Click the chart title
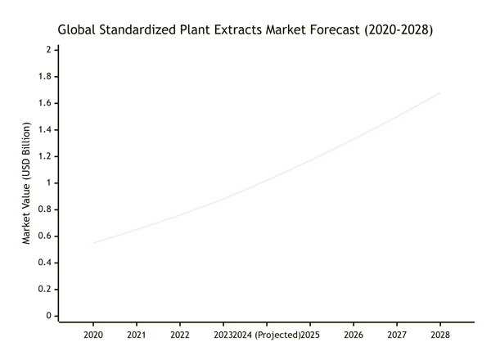[245, 29]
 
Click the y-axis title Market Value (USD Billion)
[26, 183]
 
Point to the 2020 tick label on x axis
[93, 335]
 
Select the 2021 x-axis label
[137, 335]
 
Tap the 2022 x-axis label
[180, 335]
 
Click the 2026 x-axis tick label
[354, 335]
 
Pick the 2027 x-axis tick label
[397, 335]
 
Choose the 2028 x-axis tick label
[440, 335]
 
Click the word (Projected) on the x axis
[276, 335]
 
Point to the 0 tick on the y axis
[49, 315]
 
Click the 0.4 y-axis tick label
[45, 262]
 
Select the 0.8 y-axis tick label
[45, 209]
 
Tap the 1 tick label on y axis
[49, 182]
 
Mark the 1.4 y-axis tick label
[45, 129]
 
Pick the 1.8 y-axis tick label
[45, 76]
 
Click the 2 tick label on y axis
[49, 50]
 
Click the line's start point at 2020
[93, 243]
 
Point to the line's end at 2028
[440, 93]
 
